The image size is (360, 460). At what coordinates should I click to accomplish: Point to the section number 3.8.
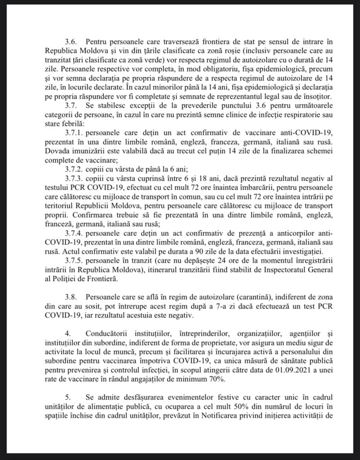tap(71, 297)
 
